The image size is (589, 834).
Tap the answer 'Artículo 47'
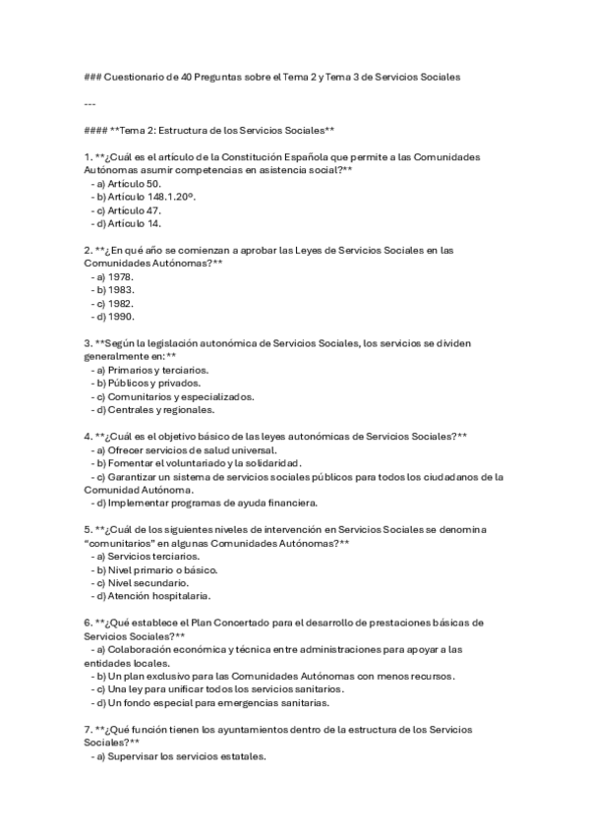click(135, 209)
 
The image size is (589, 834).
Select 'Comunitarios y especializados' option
click(174, 396)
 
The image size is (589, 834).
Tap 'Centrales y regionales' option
click(156, 410)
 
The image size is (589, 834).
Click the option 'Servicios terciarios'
click(149, 557)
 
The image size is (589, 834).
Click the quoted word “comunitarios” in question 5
click(117, 543)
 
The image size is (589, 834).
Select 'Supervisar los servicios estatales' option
click(187, 757)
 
